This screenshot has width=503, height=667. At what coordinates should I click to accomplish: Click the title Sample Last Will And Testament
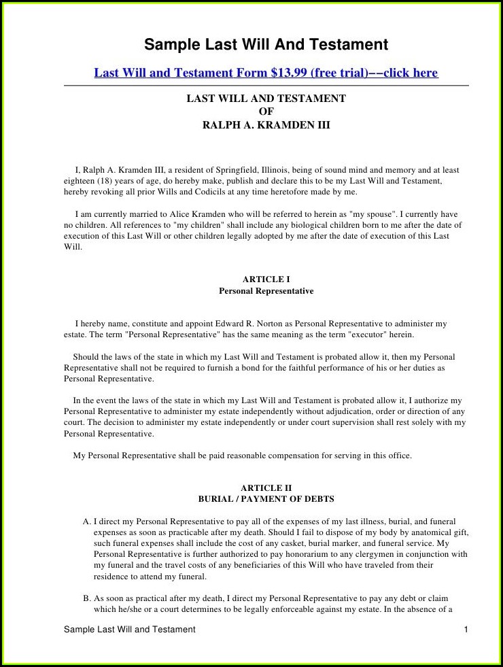[x=266, y=45]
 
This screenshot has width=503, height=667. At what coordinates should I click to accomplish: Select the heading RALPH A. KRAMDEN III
[x=266, y=125]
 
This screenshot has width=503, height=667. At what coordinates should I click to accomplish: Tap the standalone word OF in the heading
[x=266, y=112]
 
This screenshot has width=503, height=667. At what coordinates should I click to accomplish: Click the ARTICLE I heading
[x=266, y=279]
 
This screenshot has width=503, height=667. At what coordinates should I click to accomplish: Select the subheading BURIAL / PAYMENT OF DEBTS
[x=266, y=499]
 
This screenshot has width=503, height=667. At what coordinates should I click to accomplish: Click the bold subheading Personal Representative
[x=266, y=291]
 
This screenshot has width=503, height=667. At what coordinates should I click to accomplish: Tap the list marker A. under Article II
[x=87, y=521]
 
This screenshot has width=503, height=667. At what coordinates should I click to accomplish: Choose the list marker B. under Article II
[x=87, y=598]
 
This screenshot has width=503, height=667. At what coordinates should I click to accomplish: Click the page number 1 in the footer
[x=466, y=630]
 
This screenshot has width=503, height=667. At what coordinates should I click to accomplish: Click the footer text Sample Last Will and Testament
[x=129, y=630]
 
